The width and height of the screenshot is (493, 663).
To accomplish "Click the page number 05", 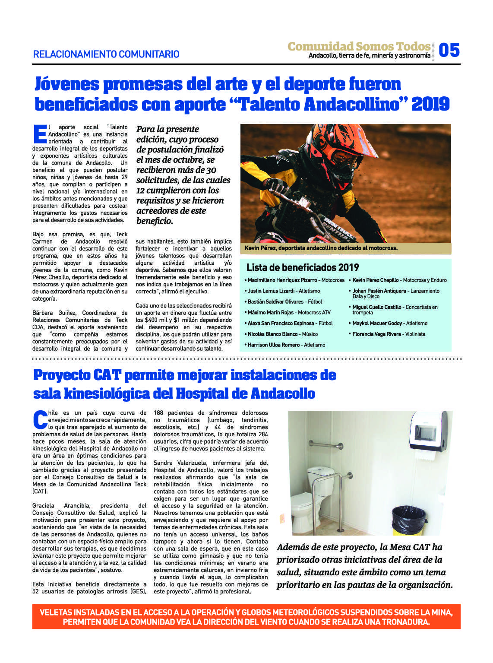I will (x=449, y=50).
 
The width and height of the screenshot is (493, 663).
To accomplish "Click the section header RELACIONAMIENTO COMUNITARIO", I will (x=106, y=54).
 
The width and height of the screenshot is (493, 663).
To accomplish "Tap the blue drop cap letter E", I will (x=39, y=134).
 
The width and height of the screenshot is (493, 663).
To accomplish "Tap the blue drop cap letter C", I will (x=40, y=419).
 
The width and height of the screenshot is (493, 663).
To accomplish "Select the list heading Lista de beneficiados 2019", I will (x=302, y=267).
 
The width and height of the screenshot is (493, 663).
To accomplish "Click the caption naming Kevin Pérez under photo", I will (x=321, y=248).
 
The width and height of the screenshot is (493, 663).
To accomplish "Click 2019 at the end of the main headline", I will (x=430, y=105).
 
